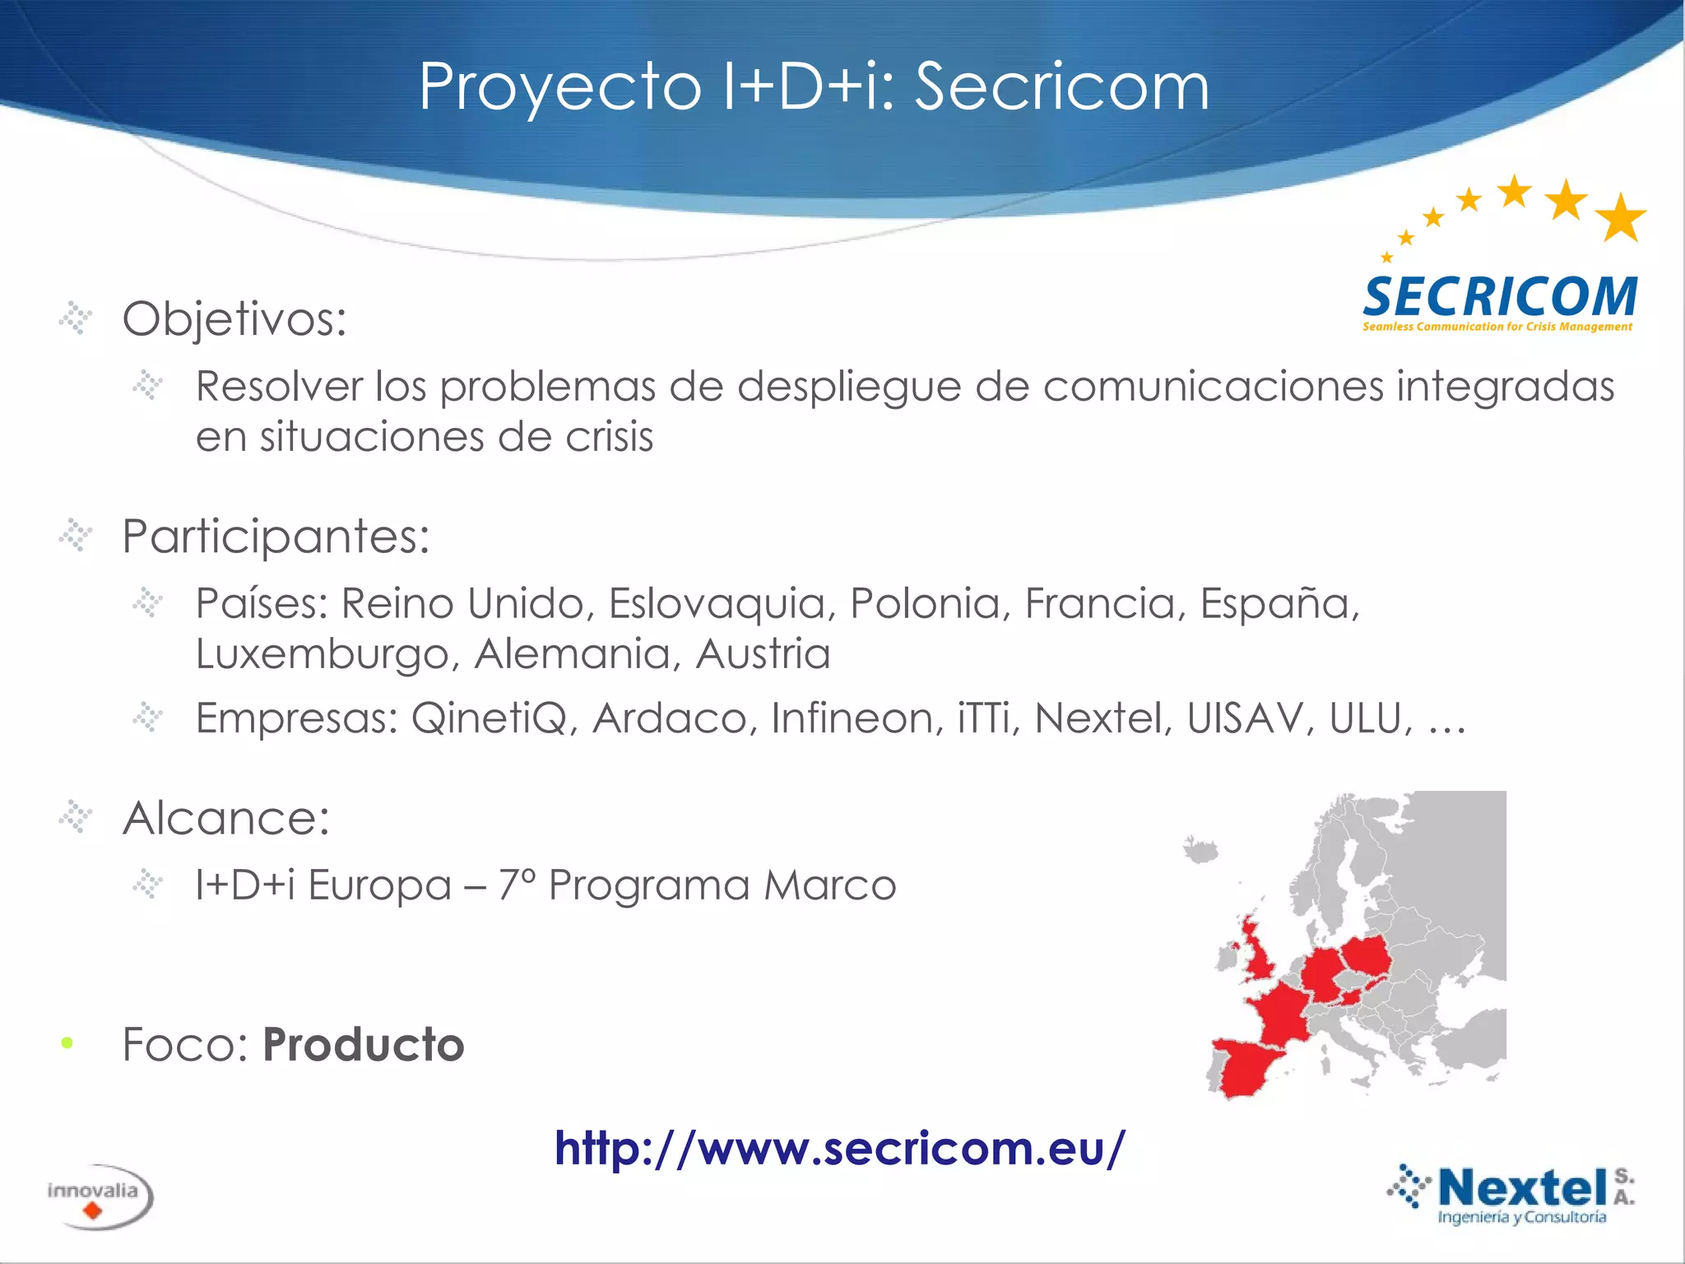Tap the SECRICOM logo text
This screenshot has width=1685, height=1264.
tap(1500, 297)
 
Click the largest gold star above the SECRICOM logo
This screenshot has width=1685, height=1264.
tap(1620, 218)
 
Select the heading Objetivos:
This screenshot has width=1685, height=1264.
tap(234, 318)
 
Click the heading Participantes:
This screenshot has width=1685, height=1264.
tap(276, 537)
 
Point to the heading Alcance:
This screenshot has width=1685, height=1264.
tap(225, 818)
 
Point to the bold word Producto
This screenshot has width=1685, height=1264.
tap(364, 1045)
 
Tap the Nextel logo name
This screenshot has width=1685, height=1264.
tap(1522, 1187)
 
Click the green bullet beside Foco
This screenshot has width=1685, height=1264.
tap(67, 1043)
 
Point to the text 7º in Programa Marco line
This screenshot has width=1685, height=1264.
tap(517, 885)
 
